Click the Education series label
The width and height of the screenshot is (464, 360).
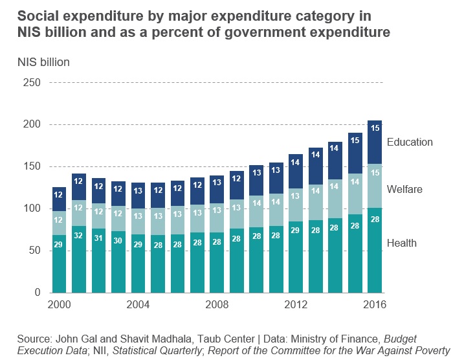[409, 142]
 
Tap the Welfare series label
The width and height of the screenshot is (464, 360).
[405, 189]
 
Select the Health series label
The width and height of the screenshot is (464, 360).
[401, 243]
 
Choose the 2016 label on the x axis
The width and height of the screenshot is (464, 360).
[374, 304]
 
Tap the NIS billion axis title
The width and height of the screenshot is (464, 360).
[43, 62]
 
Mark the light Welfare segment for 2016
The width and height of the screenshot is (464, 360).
[374, 186]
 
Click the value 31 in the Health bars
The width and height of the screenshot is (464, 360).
[99, 238]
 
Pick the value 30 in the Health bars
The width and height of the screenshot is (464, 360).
[118, 240]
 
